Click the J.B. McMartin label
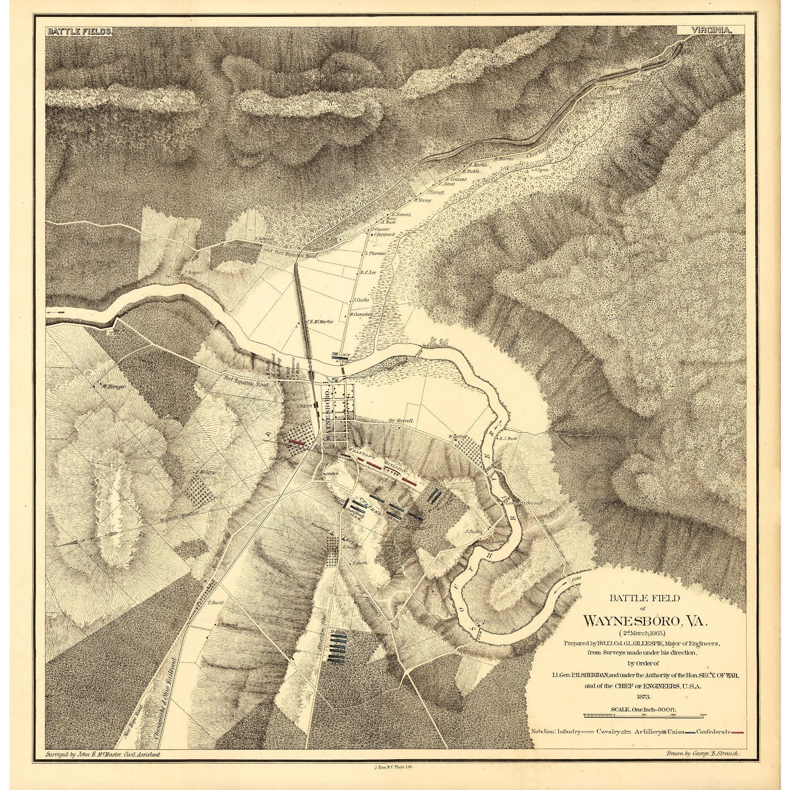click(x=320, y=322)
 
